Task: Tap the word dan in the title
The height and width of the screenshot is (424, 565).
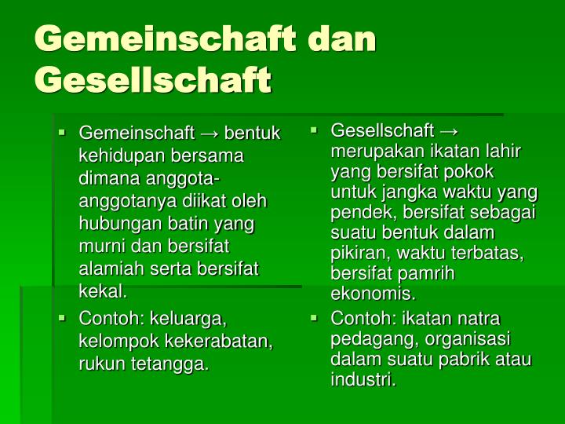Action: pyautogui.click(x=341, y=38)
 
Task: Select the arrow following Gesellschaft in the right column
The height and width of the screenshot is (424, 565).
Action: pyautogui.click(x=450, y=130)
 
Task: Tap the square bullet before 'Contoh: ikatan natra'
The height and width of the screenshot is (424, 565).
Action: pyautogui.click(x=315, y=318)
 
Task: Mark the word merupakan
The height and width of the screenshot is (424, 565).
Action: pyautogui.click(x=373, y=151)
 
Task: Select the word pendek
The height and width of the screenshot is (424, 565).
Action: pyautogui.click(x=357, y=212)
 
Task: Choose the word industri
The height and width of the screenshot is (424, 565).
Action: pyautogui.click(x=363, y=381)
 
